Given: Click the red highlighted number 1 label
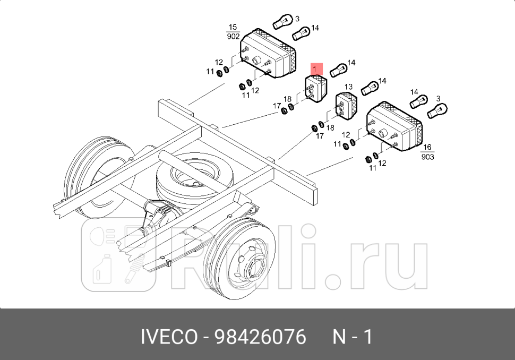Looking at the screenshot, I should pos(316,68).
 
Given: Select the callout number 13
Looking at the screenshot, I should pos(348,87).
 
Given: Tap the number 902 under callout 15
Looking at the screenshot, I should pos(233,36).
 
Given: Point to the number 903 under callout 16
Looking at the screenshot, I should pos(427,157).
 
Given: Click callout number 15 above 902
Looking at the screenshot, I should pos(233,27).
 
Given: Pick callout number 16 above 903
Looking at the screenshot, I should pos(427,148).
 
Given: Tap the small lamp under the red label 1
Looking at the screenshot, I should pos(316,89).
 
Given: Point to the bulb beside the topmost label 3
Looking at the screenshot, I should pos(282,22).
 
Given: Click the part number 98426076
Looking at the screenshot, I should pos(260,337).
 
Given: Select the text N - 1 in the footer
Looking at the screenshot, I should pos(353,337).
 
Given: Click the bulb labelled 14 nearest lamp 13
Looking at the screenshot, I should pos(370,88).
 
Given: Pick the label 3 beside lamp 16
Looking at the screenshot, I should pos(438,99).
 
